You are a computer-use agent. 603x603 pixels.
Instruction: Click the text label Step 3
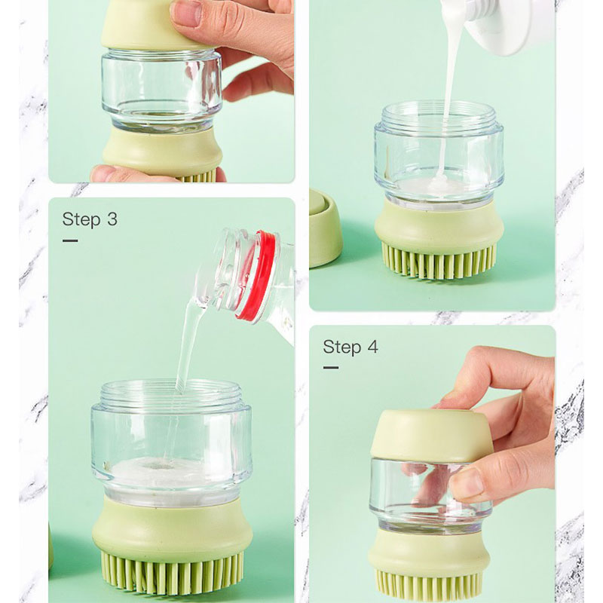click(90, 219)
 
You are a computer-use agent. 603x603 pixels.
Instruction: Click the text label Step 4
click(350, 347)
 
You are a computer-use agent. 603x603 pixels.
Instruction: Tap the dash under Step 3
click(70, 241)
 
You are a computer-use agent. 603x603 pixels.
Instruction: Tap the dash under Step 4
click(331, 368)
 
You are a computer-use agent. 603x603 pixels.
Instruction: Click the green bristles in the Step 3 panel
click(172, 570)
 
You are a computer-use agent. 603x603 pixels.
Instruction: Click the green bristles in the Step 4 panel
click(429, 586)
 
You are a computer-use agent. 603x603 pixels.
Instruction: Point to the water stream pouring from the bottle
click(188, 346)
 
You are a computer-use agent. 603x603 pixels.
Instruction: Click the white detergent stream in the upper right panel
click(449, 96)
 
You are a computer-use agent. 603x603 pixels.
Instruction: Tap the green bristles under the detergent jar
click(439, 259)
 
